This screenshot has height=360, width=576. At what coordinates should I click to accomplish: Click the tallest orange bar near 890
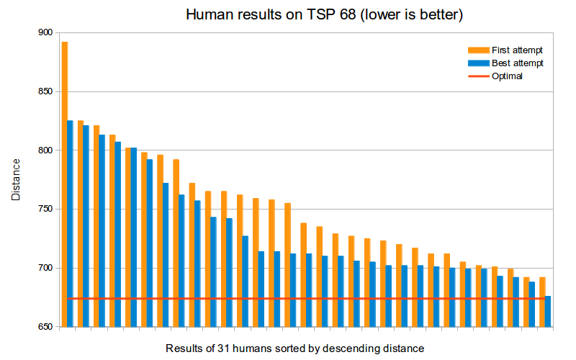[x=65, y=184]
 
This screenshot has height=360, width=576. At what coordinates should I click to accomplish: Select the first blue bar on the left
[x=71, y=223]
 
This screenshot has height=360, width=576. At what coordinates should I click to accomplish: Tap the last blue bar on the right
[x=548, y=311]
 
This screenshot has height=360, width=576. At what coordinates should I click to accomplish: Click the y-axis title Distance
[x=16, y=180]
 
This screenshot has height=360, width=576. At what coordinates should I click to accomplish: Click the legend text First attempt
[x=517, y=50]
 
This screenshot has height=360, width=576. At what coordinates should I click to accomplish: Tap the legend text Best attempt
[x=517, y=63]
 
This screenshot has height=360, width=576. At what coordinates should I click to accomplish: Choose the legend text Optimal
[x=507, y=76]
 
